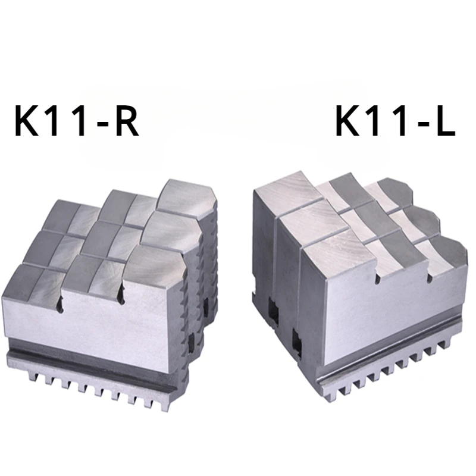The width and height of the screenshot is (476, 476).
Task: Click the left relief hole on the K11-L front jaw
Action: pos(376,277)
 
